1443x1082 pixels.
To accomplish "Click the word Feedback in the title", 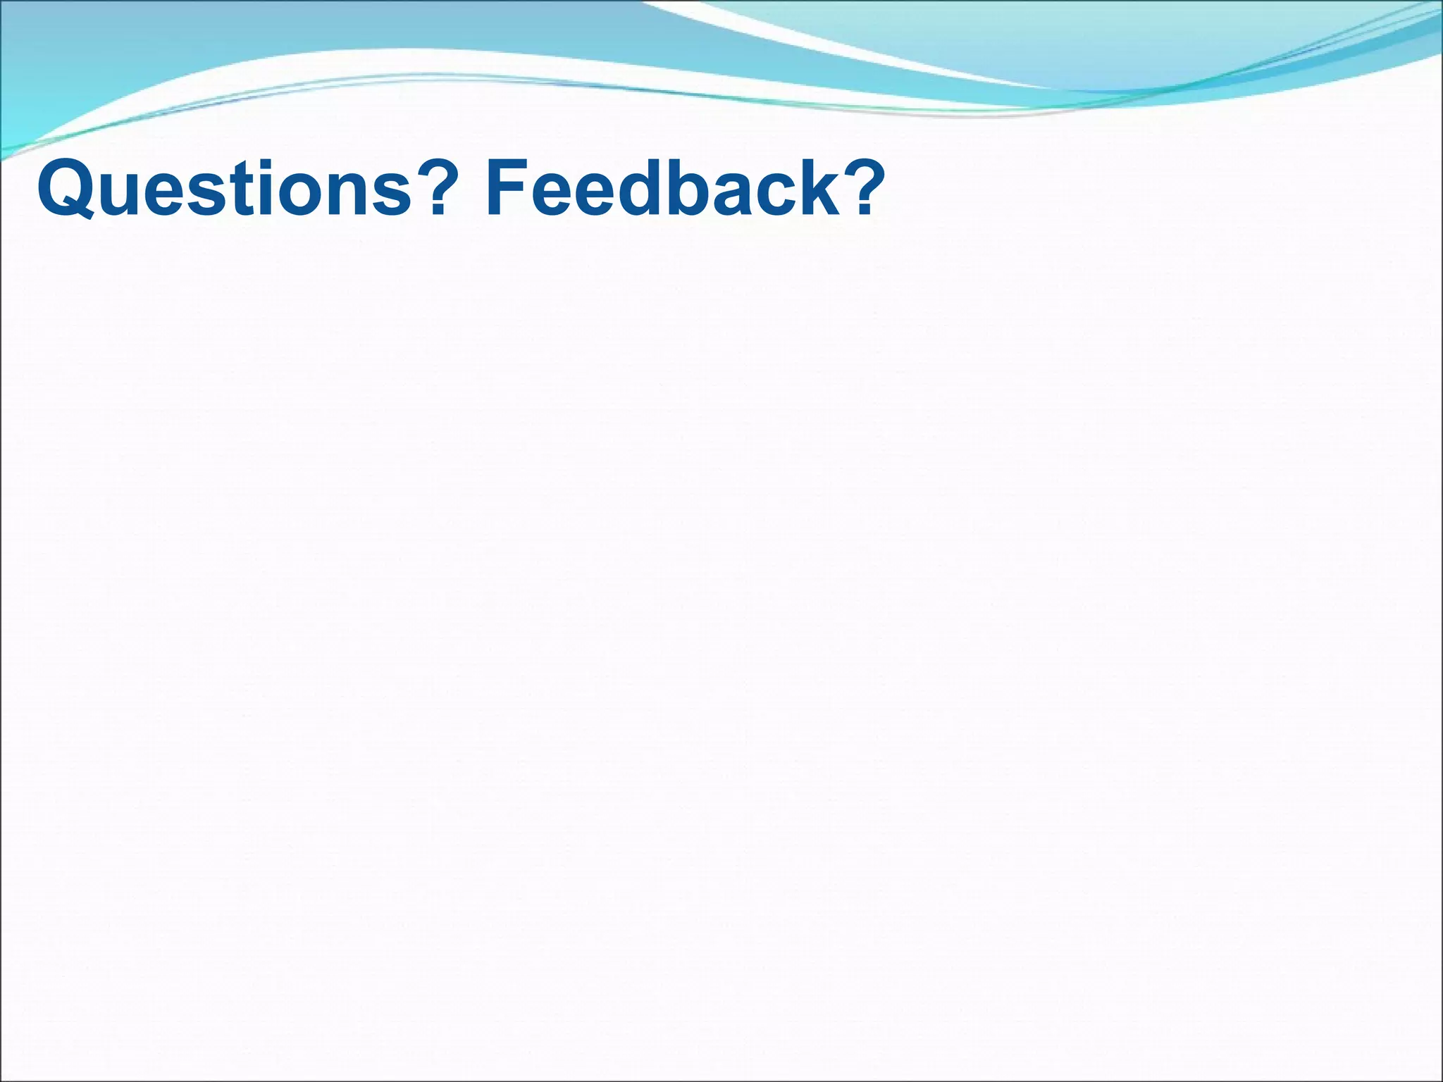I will point(662,189).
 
